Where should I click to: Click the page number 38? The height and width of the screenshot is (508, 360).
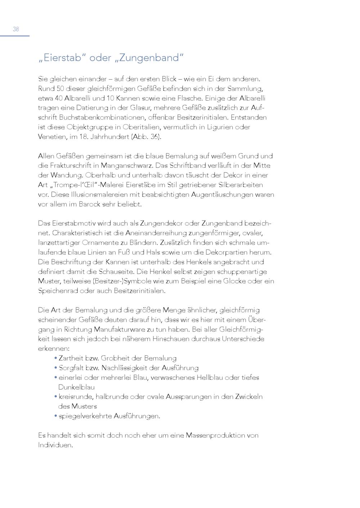click(x=16, y=30)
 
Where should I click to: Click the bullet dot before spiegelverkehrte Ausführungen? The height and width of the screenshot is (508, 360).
click(x=56, y=416)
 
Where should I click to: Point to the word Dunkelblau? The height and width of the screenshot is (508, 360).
click(x=76, y=387)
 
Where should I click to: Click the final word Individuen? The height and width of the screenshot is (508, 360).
click(x=55, y=445)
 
